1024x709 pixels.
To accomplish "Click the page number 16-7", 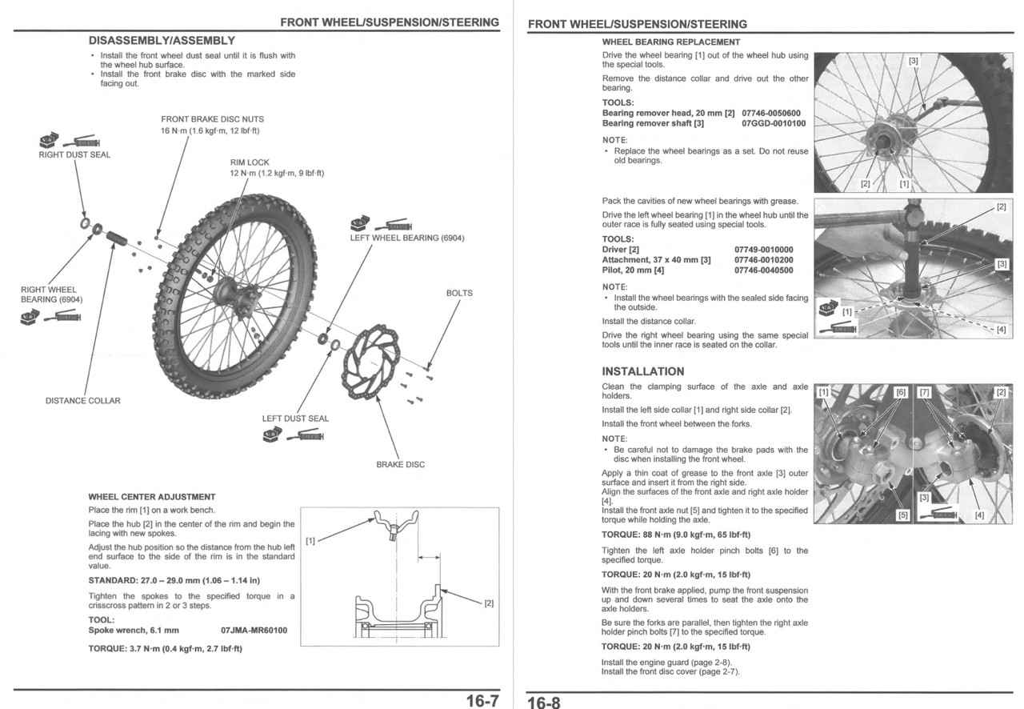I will click(x=482, y=702).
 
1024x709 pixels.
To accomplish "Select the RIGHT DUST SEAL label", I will click(x=74, y=154).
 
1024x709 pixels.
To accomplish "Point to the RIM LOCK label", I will click(x=250, y=162).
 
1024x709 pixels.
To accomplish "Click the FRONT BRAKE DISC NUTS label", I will click(x=212, y=119).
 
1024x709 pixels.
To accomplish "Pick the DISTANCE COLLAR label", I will click(x=82, y=401).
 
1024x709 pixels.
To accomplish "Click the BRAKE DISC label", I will click(x=400, y=464).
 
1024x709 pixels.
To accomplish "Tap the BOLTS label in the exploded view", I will click(x=459, y=293).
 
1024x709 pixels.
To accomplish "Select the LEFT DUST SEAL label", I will click(x=295, y=419).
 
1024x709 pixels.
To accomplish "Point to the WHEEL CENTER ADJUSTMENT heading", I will click(x=151, y=497).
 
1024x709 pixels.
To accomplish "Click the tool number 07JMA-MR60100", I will click(x=254, y=631).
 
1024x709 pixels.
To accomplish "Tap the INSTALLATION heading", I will click(x=642, y=371).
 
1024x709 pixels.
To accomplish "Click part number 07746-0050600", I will click(x=770, y=114).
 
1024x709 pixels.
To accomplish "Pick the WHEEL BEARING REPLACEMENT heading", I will click(x=670, y=42).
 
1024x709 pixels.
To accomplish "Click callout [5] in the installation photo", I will click(x=903, y=515).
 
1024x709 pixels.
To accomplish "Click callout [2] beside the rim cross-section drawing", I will click(x=489, y=603).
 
